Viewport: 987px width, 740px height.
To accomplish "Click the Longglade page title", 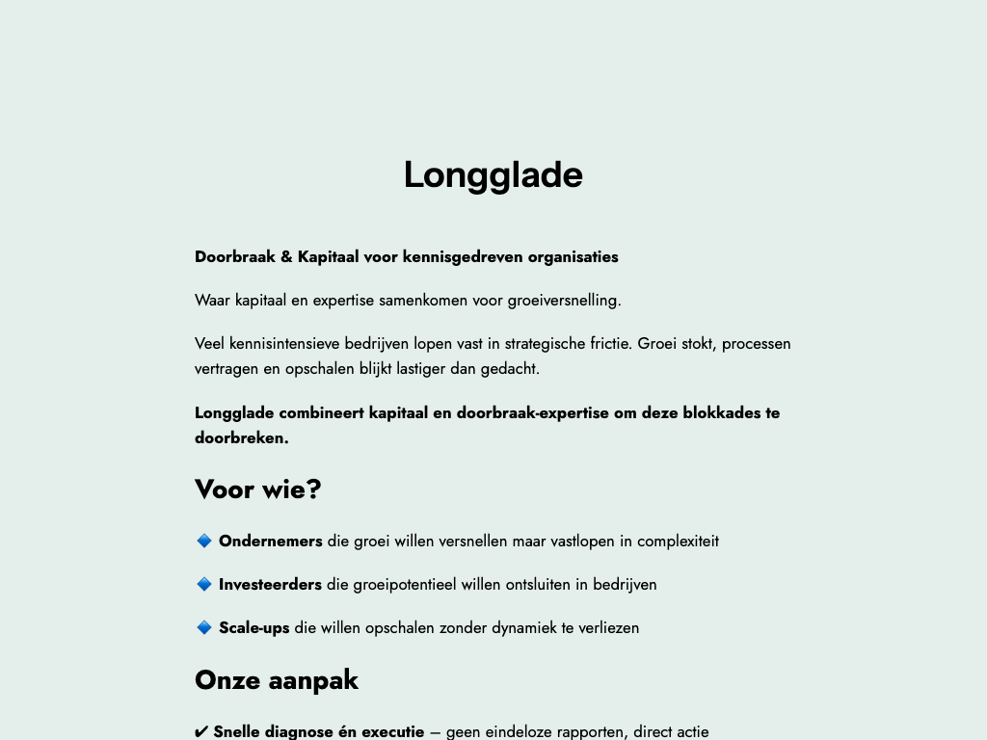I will (493, 175).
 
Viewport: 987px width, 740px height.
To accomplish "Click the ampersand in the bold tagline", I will (286, 257).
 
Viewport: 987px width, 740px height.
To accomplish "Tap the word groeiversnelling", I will (564, 300).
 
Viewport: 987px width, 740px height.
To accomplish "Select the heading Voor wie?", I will (257, 489).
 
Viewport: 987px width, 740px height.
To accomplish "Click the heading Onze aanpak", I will (276, 680).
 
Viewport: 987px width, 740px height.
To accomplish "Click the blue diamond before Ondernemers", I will (204, 541).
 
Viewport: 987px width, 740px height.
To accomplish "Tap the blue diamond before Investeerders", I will (204, 584).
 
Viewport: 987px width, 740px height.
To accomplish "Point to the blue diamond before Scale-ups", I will (204, 627).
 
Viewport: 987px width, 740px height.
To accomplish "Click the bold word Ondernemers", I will (270, 541).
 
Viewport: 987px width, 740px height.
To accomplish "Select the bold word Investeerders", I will (270, 584).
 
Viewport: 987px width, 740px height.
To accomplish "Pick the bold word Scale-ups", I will (253, 627).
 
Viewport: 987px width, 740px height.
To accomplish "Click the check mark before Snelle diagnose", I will (201, 732).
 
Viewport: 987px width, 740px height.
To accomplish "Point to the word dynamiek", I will (523, 627).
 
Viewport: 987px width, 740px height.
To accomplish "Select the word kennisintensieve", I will (283, 343).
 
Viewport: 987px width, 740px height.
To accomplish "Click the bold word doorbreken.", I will (241, 437).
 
